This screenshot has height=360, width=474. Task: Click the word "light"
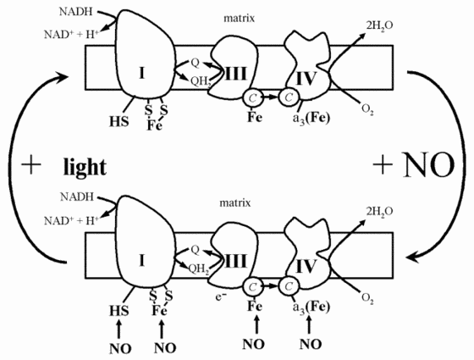(84, 167)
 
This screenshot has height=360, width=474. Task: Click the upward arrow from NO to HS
(115, 324)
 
